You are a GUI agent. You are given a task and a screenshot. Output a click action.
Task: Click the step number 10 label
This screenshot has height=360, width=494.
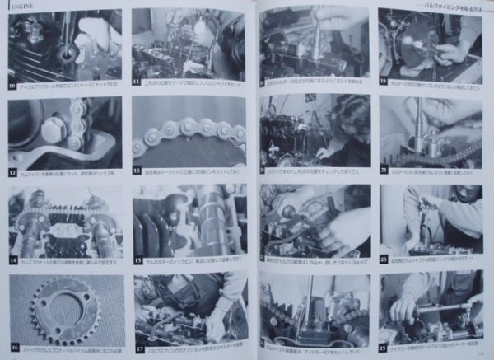[x=12, y=84]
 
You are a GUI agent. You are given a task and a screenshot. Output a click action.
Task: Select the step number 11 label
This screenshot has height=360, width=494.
[x=136, y=84]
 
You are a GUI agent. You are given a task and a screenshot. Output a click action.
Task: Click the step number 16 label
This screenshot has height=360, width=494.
[x=12, y=348]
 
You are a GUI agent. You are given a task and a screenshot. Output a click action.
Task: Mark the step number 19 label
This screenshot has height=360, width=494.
[x=384, y=82]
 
